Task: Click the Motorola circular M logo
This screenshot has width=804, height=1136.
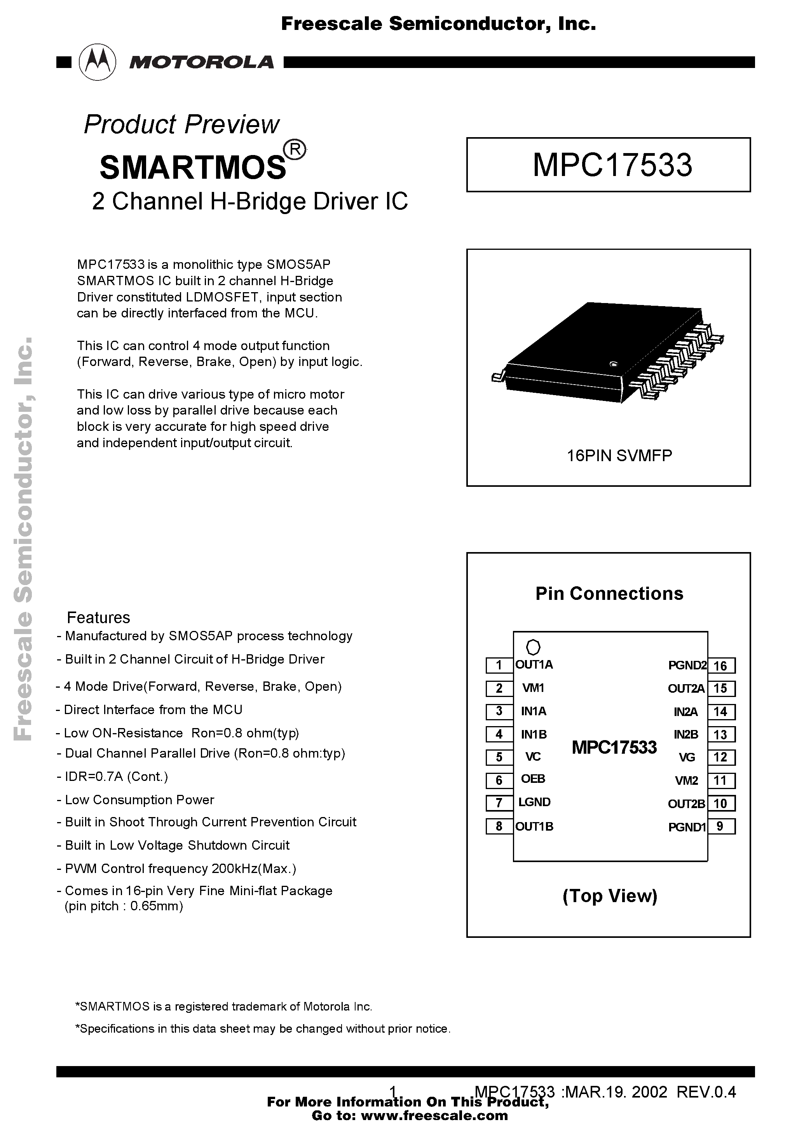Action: tap(98, 62)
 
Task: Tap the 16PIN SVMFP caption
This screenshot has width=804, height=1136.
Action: tap(619, 455)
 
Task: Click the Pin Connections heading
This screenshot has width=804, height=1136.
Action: tap(609, 594)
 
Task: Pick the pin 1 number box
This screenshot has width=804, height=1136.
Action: tap(499, 665)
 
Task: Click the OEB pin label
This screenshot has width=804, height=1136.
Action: tap(533, 779)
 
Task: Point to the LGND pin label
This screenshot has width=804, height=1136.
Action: tap(534, 802)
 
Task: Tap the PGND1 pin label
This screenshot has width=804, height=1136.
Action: tap(687, 827)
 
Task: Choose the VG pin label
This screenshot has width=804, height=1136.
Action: tap(687, 757)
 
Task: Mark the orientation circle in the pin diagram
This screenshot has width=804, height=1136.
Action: tap(533, 647)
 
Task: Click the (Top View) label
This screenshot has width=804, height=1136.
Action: tap(609, 896)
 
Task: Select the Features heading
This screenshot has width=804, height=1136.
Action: tap(99, 618)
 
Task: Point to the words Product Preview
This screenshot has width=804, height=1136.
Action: tap(182, 124)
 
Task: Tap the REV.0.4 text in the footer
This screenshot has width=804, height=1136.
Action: tap(706, 1092)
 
